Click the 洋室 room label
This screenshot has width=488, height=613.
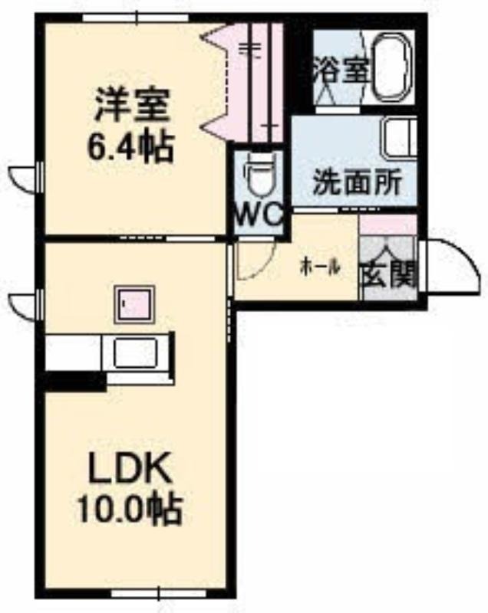[x=132, y=105]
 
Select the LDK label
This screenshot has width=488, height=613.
[x=130, y=467]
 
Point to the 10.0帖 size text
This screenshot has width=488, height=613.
[x=130, y=510]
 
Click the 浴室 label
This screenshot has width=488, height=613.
[x=341, y=70]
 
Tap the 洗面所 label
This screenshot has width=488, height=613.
[x=358, y=182]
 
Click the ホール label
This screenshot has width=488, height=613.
[x=320, y=268]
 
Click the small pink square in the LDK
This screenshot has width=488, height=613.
[x=134, y=304]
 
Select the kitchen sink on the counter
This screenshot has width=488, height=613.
[x=135, y=353]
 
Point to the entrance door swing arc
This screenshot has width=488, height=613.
[x=453, y=267]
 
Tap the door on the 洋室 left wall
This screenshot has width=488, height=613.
[x=26, y=179]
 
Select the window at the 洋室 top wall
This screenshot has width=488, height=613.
[x=136, y=18]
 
